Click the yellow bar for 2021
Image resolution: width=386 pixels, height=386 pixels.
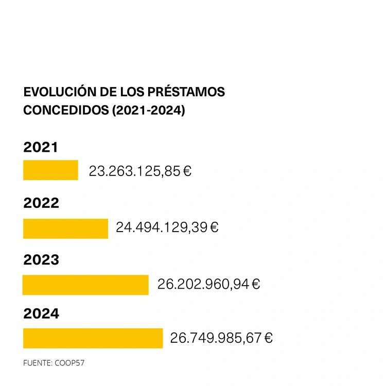click(50, 170)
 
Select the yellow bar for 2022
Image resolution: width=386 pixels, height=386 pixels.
click(65, 229)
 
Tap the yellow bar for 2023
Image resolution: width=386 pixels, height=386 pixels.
click(85, 285)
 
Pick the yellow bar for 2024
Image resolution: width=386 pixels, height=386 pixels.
click(93, 338)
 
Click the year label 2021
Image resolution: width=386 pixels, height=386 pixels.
click(41, 148)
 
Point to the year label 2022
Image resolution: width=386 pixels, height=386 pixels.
click(41, 203)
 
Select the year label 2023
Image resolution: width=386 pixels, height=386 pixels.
click(41, 260)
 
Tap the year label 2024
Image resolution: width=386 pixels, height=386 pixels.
click(41, 313)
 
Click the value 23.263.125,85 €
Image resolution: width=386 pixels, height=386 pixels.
click(140, 171)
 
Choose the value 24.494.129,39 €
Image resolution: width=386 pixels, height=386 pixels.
click(167, 227)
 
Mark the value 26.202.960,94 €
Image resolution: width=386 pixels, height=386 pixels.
click(208, 284)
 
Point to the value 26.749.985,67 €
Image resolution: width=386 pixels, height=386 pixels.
click(221, 338)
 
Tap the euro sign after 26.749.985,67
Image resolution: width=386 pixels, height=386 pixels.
click(268, 338)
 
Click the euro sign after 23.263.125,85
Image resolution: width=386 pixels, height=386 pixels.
click(187, 171)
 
